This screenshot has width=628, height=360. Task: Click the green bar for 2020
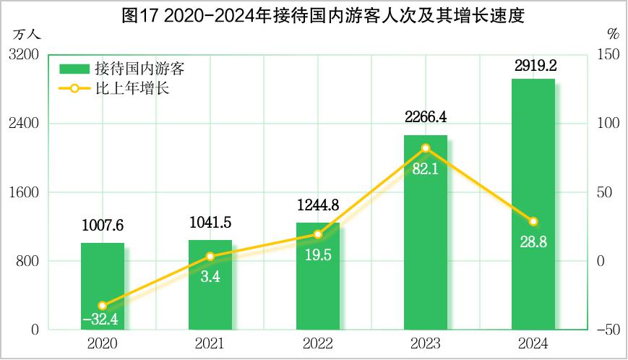click(x=102, y=286)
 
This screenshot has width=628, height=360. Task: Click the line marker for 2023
click(x=425, y=148)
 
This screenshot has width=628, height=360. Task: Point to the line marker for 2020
click(x=102, y=306)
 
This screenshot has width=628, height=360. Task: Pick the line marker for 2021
click(x=210, y=257)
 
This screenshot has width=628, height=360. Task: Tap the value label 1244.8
click(x=318, y=205)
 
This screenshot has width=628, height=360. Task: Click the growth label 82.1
click(x=425, y=169)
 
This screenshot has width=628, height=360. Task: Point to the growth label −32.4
click(x=102, y=318)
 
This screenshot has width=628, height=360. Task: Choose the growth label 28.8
click(x=533, y=242)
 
